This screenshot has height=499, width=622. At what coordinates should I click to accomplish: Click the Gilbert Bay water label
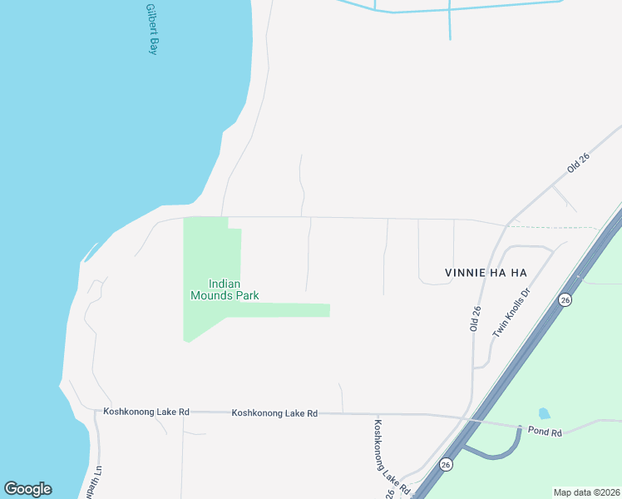151,30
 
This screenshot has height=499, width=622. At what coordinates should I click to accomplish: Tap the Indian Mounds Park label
225,289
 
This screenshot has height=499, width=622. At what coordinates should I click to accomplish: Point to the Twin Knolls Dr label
511,313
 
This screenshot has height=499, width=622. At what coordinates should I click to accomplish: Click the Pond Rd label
545,432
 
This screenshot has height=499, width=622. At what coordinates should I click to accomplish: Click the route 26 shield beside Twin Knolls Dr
565,299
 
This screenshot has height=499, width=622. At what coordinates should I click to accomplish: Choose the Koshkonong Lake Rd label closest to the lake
146,412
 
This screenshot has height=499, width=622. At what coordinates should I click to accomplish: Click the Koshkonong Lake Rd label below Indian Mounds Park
274,413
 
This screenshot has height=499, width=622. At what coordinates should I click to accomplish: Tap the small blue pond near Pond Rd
544,413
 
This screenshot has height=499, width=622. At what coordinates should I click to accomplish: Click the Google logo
27,489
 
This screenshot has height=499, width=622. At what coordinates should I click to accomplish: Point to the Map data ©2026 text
586,492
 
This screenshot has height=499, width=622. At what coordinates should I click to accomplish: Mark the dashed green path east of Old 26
553,227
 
